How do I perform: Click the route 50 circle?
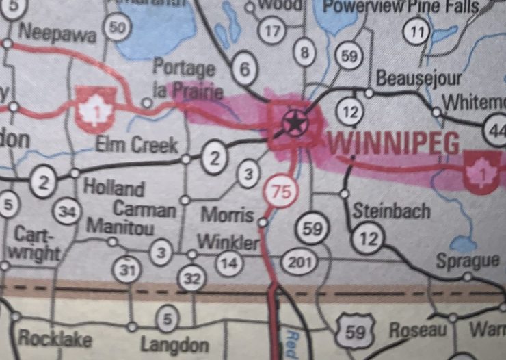click(118, 27)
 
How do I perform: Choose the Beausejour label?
click(419, 78)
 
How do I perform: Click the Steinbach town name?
click(392, 211)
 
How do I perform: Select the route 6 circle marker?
click(245, 68)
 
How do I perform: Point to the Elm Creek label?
click(137, 144)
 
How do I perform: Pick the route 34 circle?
click(66, 213)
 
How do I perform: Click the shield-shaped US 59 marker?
click(355, 333)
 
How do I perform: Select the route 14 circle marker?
click(230, 261)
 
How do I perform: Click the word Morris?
click(227, 214)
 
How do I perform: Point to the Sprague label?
click(468, 261)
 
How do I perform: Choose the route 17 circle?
click(272, 31)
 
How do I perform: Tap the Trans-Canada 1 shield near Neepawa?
click(94, 109)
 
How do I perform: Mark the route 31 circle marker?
click(127, 270)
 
